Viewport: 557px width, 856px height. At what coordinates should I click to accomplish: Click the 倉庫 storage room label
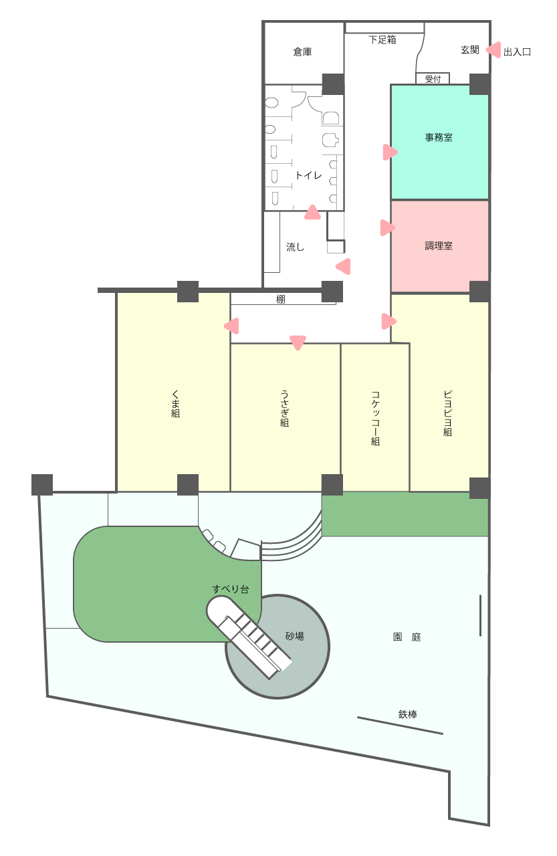[302, 51]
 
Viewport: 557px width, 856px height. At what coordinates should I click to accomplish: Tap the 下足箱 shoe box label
[382, 39]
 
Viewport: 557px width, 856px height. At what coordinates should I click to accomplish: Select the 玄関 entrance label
[469, 49]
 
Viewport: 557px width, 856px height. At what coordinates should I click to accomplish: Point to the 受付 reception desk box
[433, 78]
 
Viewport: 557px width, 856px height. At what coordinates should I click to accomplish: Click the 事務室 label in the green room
[439, 137]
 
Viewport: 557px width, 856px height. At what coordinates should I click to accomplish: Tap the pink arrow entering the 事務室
[390, 152]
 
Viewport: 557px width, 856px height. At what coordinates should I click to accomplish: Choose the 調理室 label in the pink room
[439, 245]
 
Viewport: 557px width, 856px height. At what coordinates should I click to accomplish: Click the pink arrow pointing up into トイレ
[312, 213]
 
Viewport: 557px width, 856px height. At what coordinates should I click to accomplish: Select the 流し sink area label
[295, 247]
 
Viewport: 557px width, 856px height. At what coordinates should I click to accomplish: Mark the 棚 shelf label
[280, 299]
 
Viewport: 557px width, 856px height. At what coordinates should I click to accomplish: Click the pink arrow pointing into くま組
[231, 326]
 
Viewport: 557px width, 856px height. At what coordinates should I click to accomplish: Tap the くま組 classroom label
[175, 403]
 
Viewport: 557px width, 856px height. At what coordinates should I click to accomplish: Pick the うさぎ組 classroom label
[284, 408]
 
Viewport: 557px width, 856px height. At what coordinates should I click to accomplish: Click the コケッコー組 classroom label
[375, 418]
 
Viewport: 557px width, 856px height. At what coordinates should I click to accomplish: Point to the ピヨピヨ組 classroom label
[447, 413]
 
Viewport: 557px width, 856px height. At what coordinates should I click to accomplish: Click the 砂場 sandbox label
[294, 636]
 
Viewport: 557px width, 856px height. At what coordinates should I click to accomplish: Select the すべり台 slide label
[231, 589]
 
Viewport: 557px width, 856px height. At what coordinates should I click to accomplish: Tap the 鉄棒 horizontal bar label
[407, 714]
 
